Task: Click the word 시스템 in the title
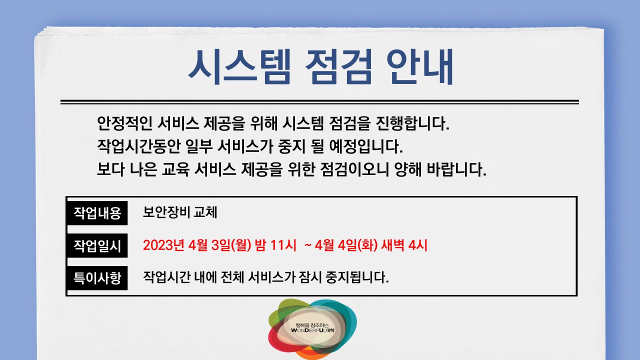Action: tap(238, 67)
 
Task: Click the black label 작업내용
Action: tap(97, 213)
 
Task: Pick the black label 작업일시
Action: tap(97, 245)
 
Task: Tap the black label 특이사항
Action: tap(97, 277)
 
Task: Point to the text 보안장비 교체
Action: tap(180, 213)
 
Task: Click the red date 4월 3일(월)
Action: tap(220, 246)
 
